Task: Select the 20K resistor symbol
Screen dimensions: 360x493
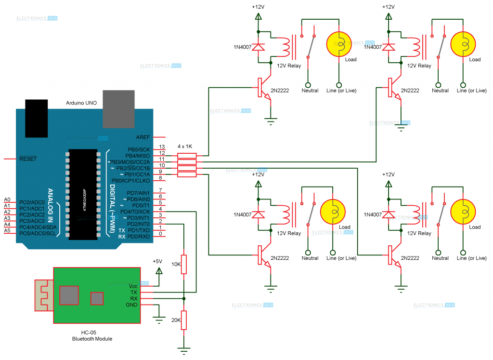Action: (x=183, y=320)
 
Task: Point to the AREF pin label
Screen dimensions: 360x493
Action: (x=143, y=137)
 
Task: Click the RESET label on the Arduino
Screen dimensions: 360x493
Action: (x=28, y=159)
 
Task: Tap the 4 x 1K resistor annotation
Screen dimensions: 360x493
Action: (x=185, y=146)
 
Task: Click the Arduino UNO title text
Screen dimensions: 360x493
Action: (x=80, y=104)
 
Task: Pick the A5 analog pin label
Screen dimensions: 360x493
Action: (x=7, y=231)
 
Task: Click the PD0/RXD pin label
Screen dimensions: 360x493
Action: (x=139, y=237)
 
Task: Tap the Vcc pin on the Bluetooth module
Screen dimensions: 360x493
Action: (x=133, y=286)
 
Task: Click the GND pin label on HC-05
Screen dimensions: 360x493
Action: (x=131, y=305)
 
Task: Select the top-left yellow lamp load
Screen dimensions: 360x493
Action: (x=339, y=44)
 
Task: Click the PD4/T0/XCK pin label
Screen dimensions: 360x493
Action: (x=139, y=212)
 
